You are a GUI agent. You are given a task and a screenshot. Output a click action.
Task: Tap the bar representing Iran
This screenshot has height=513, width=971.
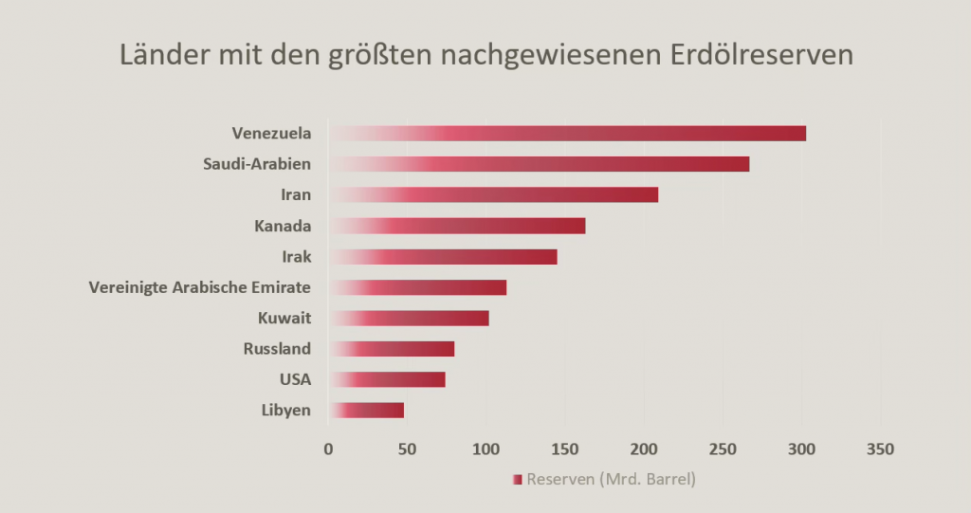pyautogui.click(x=493, y=195)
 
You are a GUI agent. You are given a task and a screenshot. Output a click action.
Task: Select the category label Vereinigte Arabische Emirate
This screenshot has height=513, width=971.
pyautogui.click(x=200, y=287)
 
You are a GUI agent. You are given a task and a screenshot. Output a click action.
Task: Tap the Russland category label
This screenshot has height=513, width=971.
pyautogui.click(x=277, y=349)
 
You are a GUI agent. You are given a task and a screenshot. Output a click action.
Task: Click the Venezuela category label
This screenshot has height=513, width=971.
pyautogui.click(x=271, y=134)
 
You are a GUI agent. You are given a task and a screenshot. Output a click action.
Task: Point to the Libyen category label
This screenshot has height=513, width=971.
pyautogui.click(x=286, y=411)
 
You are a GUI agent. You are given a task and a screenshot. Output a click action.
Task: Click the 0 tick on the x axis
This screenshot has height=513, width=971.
pyautogui.click(x=328, y=449)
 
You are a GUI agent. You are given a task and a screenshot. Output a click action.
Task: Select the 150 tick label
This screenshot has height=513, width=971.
pyautogui.click(x=565, y=449)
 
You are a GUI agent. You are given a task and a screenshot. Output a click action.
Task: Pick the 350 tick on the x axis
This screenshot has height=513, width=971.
pyautogui.click(x=880, y=449)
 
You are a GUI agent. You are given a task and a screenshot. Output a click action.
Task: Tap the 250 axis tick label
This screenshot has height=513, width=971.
pyautogui.click(x=723, y=449)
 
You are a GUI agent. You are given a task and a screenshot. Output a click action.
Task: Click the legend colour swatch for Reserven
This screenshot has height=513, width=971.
pyautogui.click(x=517, y=480)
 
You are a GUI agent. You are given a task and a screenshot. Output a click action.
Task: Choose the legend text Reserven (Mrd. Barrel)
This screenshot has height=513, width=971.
pyautogui.click(x=611, y=480)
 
